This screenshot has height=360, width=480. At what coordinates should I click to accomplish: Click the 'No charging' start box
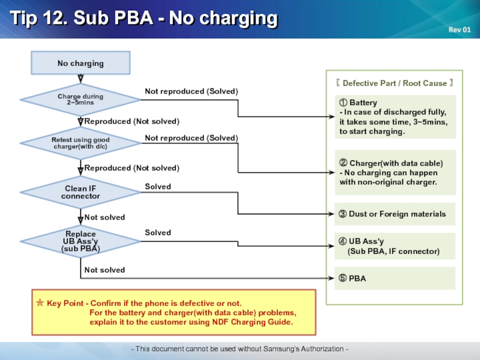[80, 63]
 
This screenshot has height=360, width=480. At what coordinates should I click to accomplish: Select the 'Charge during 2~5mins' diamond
[80, 100]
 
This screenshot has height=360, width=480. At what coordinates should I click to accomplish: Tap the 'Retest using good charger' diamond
[80, 143]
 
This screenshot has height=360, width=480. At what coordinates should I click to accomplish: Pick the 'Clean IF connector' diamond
[80, 192]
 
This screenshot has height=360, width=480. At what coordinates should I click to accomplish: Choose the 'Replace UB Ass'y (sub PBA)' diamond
[80, 241]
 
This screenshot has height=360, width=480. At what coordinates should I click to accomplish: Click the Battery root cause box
[395, 116]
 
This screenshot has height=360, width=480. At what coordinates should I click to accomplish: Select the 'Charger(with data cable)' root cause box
[395, 172]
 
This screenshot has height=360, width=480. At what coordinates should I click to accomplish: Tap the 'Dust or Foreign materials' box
[395, 214]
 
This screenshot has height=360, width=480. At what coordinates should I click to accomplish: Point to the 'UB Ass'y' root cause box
[395, 246]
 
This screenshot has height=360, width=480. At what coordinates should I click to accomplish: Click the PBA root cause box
[395, 278]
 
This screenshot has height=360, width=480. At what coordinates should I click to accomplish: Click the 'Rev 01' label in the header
[460, 29]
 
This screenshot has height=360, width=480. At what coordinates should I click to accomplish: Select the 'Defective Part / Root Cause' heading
[395, 83]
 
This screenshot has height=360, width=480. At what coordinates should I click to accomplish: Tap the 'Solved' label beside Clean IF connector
[158, 187]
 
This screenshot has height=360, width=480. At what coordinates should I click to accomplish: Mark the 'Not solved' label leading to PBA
[104, 269]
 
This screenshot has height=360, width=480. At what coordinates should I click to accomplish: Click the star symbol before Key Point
[40, 303]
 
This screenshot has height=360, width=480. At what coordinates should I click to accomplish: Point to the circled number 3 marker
[343, 214]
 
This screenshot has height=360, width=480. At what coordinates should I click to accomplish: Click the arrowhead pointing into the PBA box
[331, 278]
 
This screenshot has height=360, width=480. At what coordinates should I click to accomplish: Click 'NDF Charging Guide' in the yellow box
[252, 322]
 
